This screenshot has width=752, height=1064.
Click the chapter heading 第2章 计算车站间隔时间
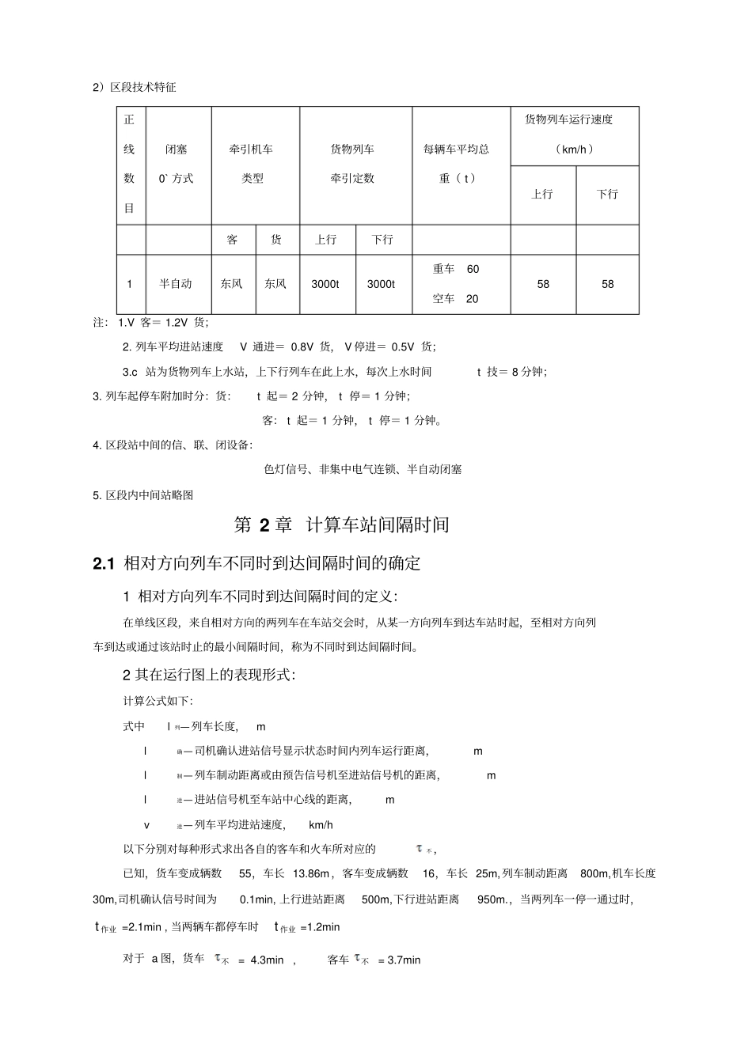coord(342,524)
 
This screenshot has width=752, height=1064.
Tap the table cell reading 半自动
coord(176,284)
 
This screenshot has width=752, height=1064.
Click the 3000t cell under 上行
coord(325,284)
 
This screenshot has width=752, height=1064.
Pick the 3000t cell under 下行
coord(381,284)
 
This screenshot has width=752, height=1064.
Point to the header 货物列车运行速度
coord(569,120)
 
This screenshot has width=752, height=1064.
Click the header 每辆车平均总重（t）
coord(457,164)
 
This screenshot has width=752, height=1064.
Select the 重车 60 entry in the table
coord(456,269)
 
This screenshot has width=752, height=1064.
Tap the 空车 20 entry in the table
coord(456,299)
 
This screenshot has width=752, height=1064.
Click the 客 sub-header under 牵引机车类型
coord(232,240)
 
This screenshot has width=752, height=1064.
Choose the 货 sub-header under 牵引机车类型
coord(275,240)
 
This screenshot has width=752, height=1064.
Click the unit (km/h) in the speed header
coord(575,150)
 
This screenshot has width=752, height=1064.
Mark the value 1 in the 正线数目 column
coord(130,284)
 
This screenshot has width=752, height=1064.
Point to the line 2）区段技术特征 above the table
coord(135,87)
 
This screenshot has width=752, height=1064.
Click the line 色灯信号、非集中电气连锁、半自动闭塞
coord(363,469)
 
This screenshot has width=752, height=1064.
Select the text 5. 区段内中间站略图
coord(143,495)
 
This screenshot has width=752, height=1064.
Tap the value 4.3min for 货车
coord(267,960)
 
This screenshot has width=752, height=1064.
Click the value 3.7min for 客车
coord(404,960)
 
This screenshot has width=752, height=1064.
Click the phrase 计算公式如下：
coord(158,702)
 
